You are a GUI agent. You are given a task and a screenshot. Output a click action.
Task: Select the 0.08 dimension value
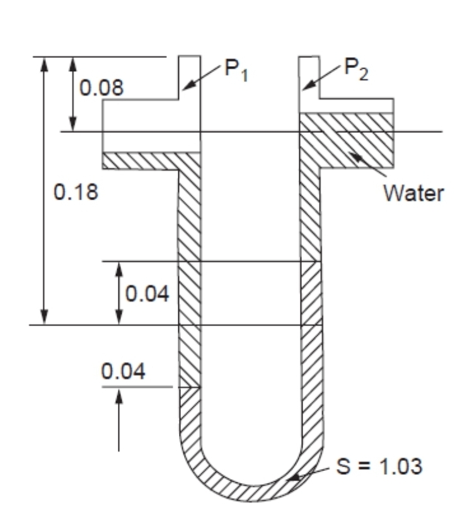pyautogui.click(x=100, y=87)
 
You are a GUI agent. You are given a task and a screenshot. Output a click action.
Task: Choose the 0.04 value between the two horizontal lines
pyautogui.click(x=147, y=293)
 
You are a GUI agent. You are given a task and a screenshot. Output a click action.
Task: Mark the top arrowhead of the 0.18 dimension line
pyautogui.click(x=44, y=63)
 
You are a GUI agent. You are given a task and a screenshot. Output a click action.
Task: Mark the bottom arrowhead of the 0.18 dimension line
pyautogui.click(x=44, y=318)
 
